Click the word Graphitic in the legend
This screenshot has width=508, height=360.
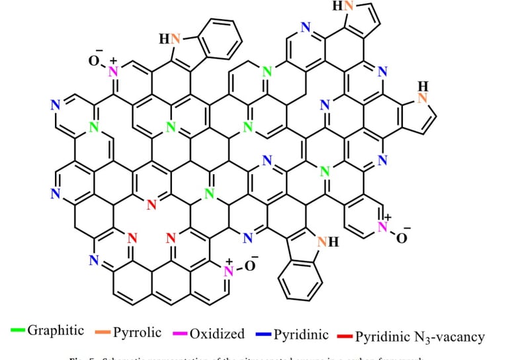[x=56, y=330]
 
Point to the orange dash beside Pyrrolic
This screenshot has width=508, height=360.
[x=104, y=331]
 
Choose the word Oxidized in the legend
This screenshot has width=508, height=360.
[x=217, y=333]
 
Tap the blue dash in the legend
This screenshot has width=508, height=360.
[x=263, y=334]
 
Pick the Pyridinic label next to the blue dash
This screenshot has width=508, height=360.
[x=302, y=334]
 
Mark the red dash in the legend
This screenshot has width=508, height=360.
[x=345, y=335]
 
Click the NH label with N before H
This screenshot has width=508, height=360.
[x=327, y=242]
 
